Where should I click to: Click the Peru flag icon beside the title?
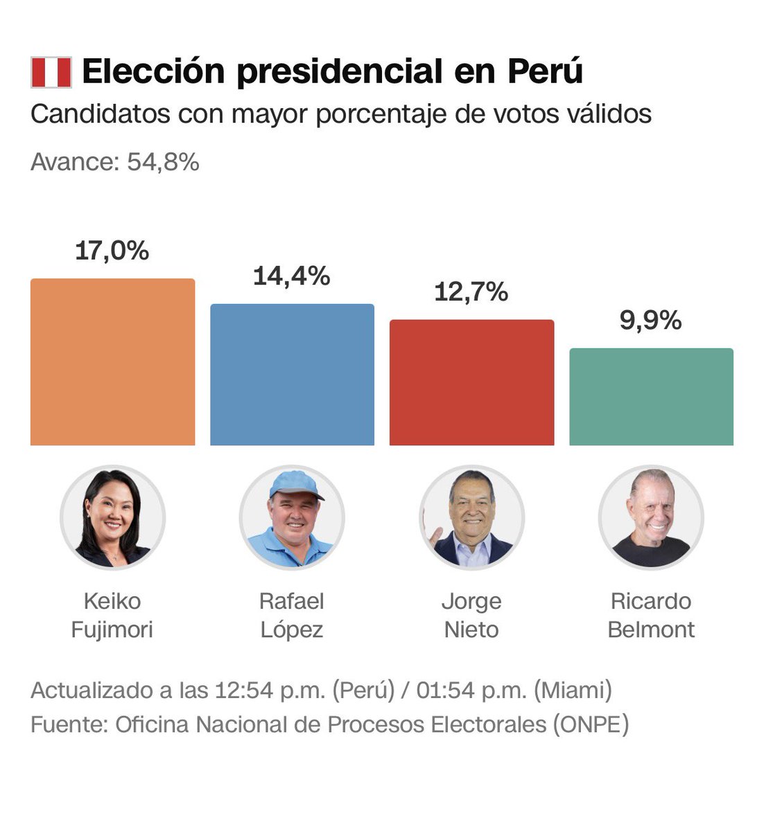click(x=51, y=73)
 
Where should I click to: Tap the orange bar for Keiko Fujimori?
click(x=112, y=362)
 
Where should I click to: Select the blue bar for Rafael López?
click(x=292, y=375)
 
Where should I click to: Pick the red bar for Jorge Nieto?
click(x=471, y=382)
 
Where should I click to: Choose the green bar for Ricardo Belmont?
click(x=651, y=397)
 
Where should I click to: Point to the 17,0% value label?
click(x=112, y=251)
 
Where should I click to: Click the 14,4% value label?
click(x=291, y=276)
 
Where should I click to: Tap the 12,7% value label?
click(x=471, y=292)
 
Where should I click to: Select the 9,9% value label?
click(x=650, y=321)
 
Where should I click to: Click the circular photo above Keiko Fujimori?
click(x=112, y=517)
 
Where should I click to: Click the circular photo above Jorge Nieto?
click(x=471, y=517)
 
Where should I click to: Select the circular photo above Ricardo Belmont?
click(x=651, y=517)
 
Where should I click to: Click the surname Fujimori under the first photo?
click(x=112, y=629)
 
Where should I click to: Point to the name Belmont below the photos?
click(x=651, y=629)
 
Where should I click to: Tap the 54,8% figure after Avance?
click(x=163, y=162)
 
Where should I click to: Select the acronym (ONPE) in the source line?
click(x=591, y=724)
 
